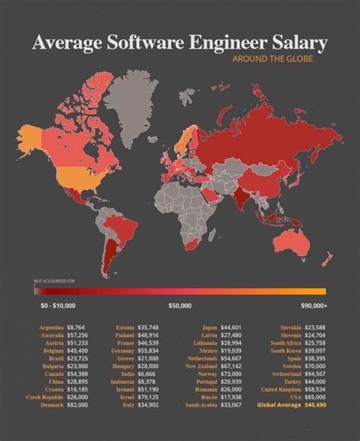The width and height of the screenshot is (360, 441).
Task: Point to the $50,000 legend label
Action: pyautogui.click(x=179, y=305)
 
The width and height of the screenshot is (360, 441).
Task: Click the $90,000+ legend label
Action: pyautogui.click(x=313, y=305)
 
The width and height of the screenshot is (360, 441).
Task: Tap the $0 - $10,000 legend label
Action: pyautogui.click(x=58, y=305)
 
